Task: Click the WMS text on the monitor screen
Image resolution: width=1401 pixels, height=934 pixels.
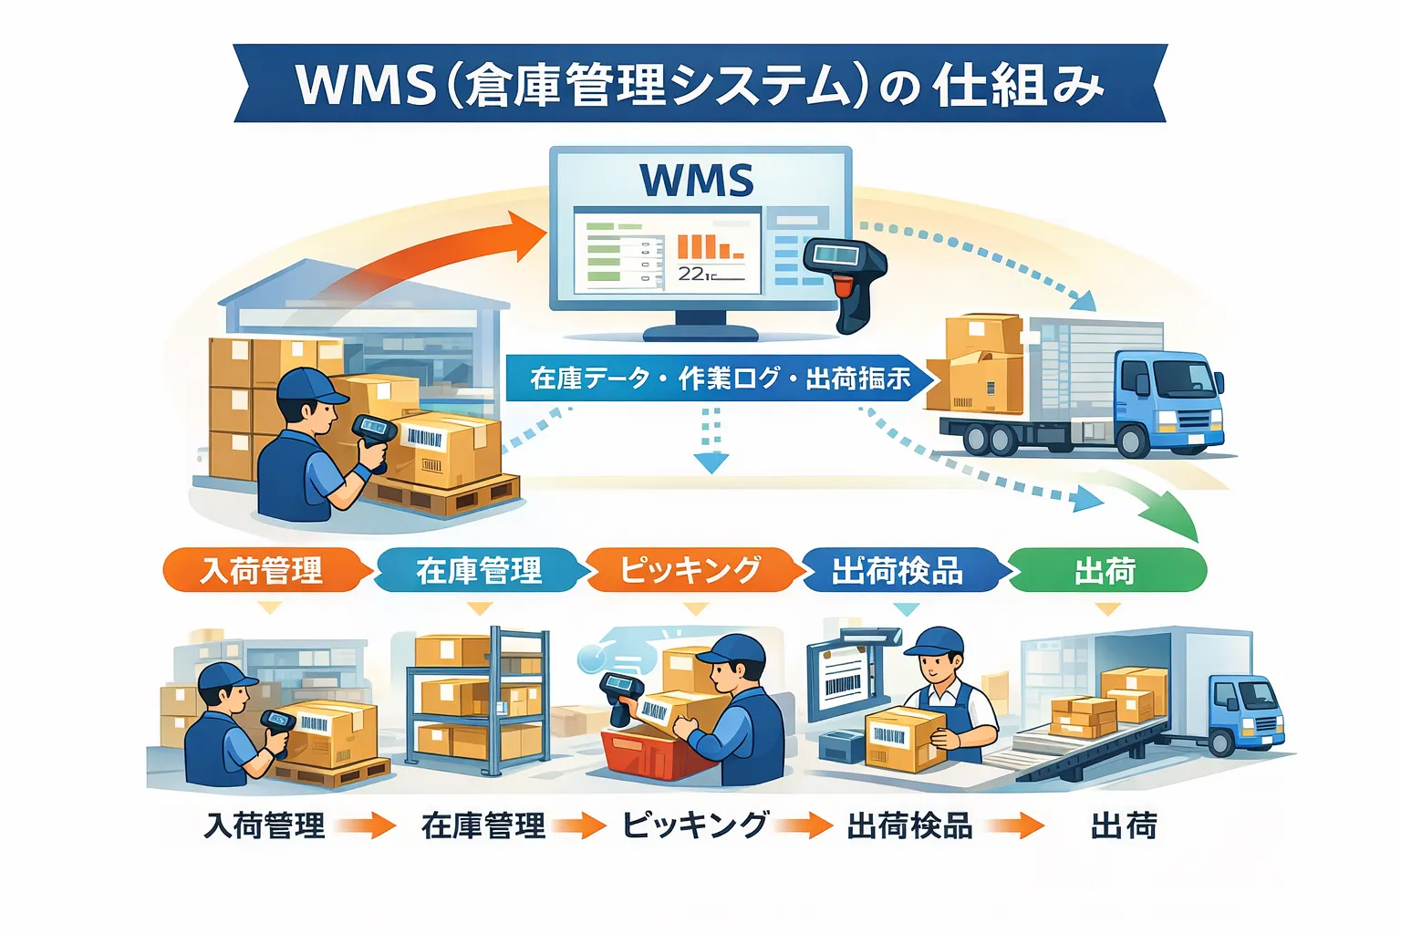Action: [x=697, y=180]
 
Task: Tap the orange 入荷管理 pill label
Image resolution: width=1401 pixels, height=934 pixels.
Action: [x=262, y=571]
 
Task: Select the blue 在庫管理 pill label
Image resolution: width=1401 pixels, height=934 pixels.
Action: [x=478, y=571]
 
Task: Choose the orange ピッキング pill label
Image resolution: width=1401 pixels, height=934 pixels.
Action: [x=690, y=570]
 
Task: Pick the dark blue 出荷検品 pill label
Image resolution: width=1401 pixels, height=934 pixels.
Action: [x=898, y=571]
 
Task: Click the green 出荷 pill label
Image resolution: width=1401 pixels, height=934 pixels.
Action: [x=1105, y=571]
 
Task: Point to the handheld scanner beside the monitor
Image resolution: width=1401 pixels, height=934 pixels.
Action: [x=844, y=278]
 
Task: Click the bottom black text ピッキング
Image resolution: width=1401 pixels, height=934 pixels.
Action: [x=695, y=825]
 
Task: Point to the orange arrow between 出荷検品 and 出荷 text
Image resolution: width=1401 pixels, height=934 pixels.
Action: [x=1013, y=826]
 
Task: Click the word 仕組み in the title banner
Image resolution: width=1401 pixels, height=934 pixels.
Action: [x=1018, y=85]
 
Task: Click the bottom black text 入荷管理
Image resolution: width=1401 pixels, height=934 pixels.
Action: [x=265, y=826]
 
